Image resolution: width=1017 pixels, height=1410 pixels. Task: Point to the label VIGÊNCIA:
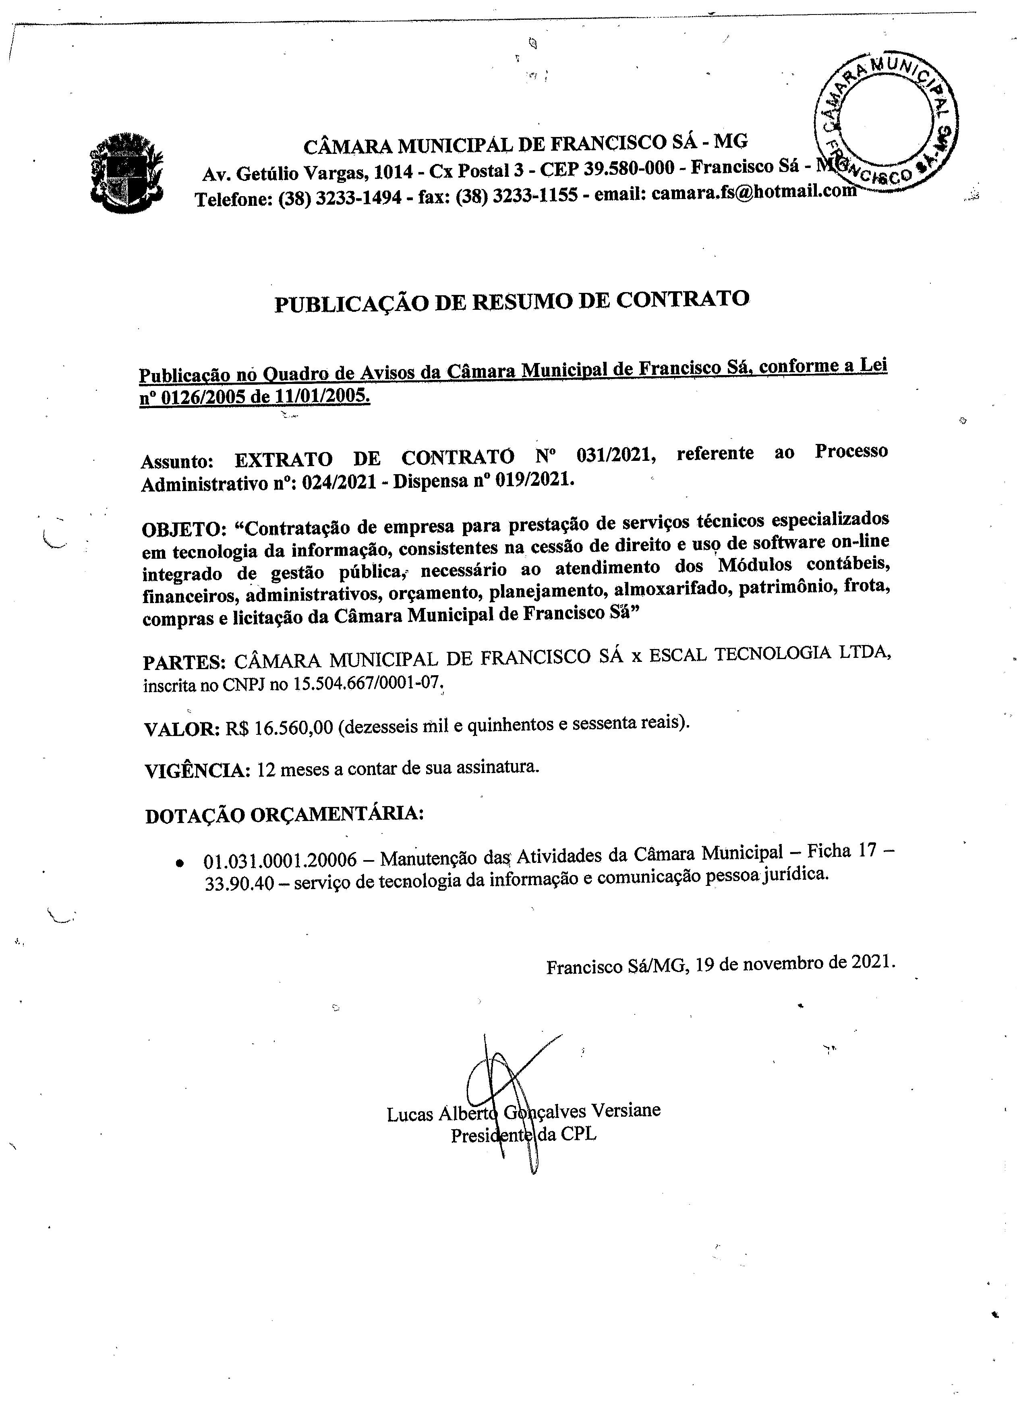click(197, 771)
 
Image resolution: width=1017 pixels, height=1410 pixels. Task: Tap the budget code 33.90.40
click(239, 883)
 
